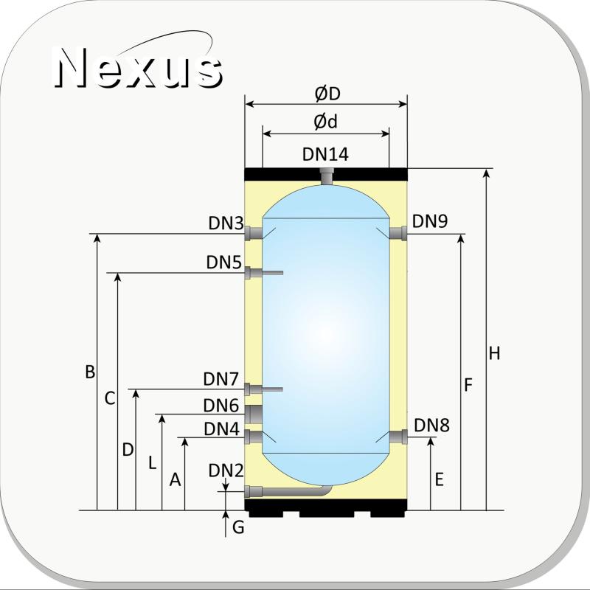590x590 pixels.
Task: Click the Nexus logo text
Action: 137,68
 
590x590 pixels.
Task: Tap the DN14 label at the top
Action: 325,154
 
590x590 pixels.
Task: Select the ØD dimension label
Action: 327,94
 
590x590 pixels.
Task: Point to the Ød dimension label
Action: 325,122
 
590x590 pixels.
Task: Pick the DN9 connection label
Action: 430,221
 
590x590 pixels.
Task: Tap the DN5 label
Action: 224,263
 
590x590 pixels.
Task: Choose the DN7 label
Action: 221,379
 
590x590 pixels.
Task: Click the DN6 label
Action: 221,406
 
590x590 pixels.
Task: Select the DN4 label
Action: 222,429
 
